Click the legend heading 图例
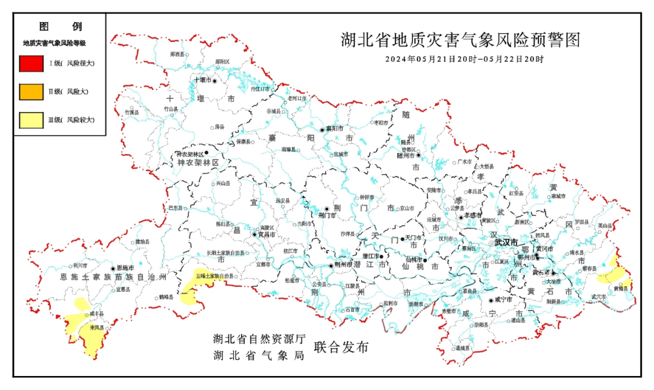coord(60,27)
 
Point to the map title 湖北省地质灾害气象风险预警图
coord(460,41)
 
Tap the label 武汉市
coord(506,242)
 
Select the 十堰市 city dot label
coord(202,80)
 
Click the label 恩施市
coord(125,268)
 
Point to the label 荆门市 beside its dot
coord(327,215)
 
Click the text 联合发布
coord(341,348)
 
